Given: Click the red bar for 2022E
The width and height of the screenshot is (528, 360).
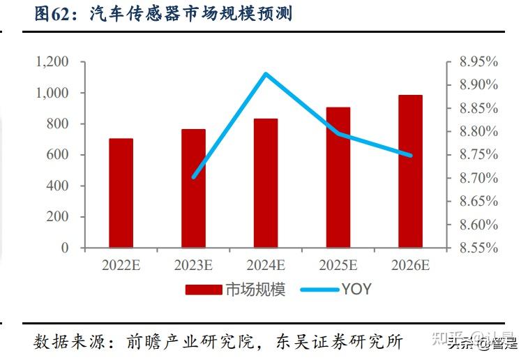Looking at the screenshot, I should [x=121, y=193].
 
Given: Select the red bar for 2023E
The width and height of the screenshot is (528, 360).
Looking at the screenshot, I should [x=193, y=188].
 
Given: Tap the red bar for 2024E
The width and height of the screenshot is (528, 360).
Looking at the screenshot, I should [x=266, y=183].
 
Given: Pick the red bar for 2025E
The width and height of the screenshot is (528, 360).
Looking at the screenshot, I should [x=338, y=177].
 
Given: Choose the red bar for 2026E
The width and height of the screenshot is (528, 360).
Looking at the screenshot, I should [x=410, y=171].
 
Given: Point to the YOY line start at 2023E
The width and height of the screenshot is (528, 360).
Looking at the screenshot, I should [x=193, y=177].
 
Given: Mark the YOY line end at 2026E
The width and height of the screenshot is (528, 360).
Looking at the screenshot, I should [x=410, y=156].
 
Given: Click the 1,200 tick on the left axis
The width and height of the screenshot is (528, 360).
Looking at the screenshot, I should [x=52, y=62].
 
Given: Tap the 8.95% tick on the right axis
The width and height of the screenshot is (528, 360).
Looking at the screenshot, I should [x=478, y=62].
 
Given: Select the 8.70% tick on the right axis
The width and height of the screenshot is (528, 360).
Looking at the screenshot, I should [x=478, y=178].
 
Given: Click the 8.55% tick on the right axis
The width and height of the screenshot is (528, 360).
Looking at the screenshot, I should [x=478, y=248].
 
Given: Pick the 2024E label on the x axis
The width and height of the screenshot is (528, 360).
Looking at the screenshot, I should [x=266, y=265].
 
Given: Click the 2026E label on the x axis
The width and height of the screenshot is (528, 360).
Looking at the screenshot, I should [x=410, y=265].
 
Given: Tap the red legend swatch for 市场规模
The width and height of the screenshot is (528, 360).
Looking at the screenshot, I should [x=204, y=290].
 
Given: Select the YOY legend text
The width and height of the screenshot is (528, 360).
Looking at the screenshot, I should [x=356, y=290].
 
